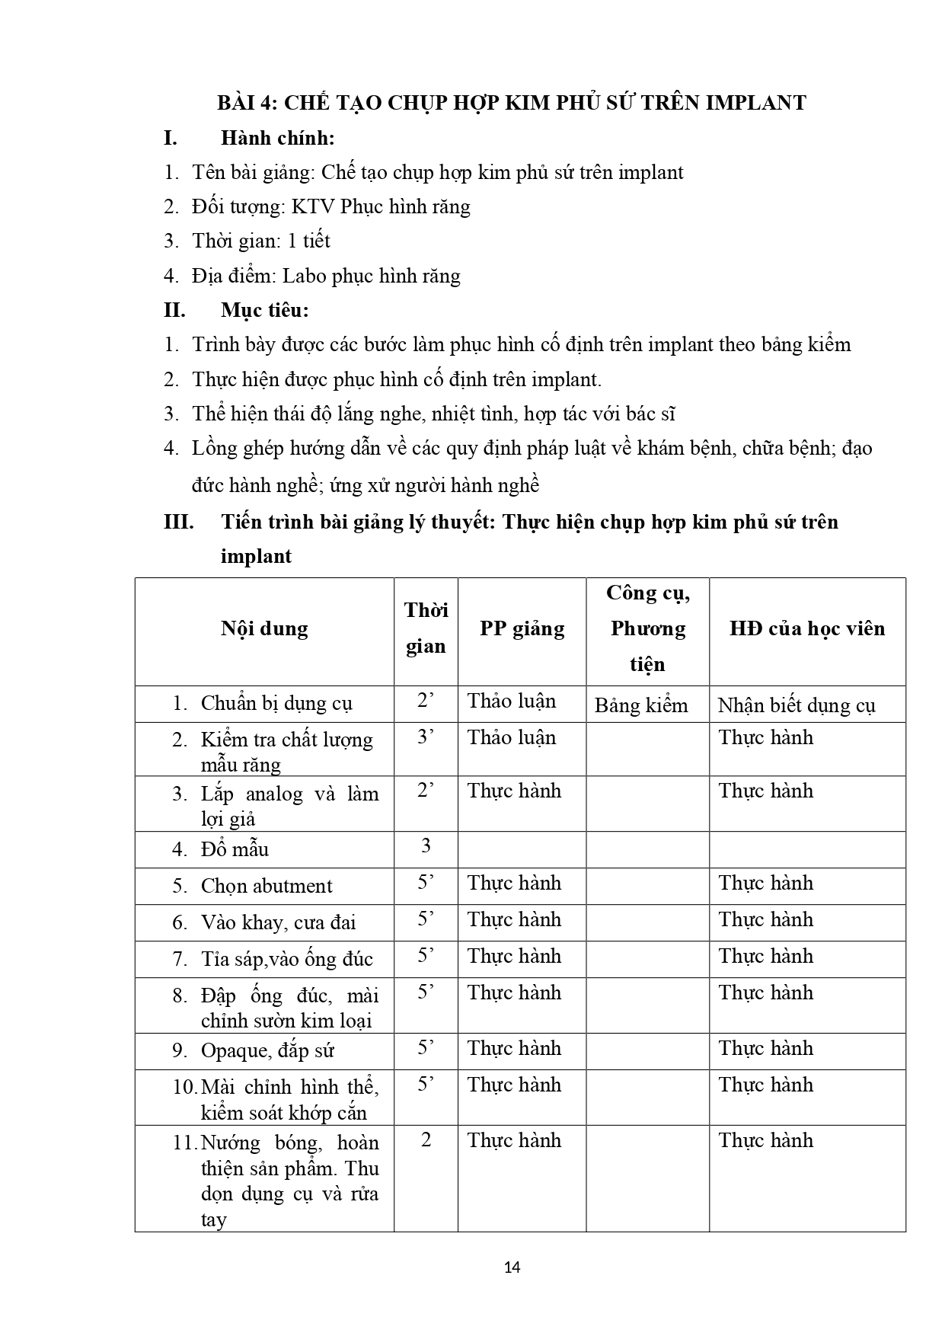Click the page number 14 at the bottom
click(x=512, y=1267)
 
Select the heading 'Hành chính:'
click(x=278, y=139)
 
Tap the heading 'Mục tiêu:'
click(x=265, y=311)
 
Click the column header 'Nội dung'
click(x=264, y=629)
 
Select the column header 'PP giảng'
click(x=522, y=629)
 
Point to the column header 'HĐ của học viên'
click(x=807, y=629)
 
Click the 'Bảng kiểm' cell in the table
click(x=641, y=705)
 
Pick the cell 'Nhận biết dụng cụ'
click(x=797, y=705)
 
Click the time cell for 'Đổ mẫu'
click(x=426, y=845)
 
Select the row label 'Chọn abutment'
click(x=267, y=886)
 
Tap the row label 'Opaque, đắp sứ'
click(x=267, y=1051)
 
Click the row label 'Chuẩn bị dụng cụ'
click(x=276, y=703)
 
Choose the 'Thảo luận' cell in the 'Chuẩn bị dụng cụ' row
click(x=512, y=702)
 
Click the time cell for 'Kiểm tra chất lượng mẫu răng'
click(x=426, y=737)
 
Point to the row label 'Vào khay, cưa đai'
click(x=278, y=922)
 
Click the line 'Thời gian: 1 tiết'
click(x=261, y=241)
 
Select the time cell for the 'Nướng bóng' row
click(x=426, y=1140)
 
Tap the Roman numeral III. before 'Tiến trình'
click(x=179, y=523)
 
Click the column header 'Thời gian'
click(x=426, y=628)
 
